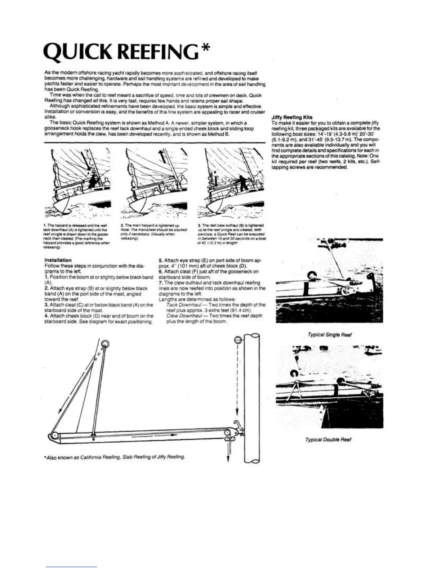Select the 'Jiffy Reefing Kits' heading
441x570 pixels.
tap(292, 117)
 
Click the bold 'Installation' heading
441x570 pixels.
tap(58, 260)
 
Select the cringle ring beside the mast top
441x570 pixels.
tap(237, 339)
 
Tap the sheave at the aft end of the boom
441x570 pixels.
tap(54, 436)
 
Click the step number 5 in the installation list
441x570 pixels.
tap(160, 260)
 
